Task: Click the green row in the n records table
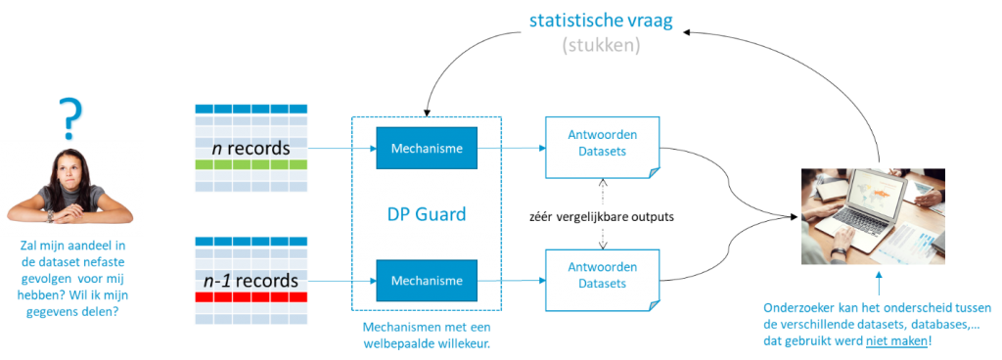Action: (251, 166)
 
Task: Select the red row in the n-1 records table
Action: (251, 296)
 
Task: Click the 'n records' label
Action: (251, 149)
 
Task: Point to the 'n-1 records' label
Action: (251, 281)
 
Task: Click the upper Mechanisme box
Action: (427, 149)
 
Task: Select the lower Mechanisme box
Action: (427, 280)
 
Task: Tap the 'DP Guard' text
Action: (427, 214)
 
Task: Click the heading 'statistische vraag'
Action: (601, 21)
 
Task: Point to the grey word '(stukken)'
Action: (601, 45)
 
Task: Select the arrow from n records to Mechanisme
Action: (343, 150)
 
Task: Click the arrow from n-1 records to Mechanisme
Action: (343, 280)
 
